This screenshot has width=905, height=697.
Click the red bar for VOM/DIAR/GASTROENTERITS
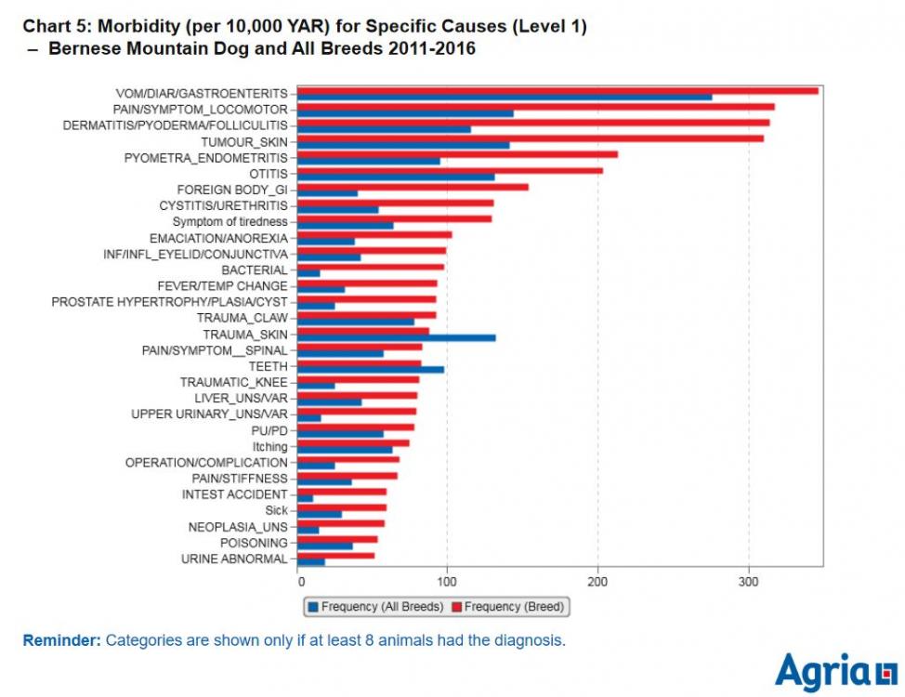(557, 90)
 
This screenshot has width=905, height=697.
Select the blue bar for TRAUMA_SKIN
(397, 337)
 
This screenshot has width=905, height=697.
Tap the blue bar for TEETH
(372, 370)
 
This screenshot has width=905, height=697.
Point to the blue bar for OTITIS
(397, 177)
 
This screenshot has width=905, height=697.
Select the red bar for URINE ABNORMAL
(336, 556)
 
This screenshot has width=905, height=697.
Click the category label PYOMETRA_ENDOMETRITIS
(205, 158)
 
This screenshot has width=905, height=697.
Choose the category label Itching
(270, 447)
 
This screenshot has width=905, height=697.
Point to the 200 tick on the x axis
(598, 582)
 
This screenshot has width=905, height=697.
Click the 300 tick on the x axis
(749, 582)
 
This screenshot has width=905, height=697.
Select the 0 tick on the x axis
(300, 582)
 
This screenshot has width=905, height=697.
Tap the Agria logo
(835, 671)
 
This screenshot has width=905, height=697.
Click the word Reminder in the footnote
(60, 640)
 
